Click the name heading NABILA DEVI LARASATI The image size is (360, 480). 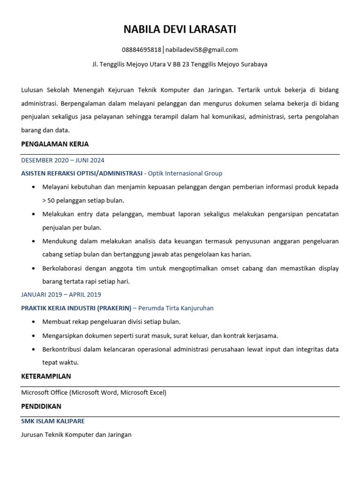(180, 30)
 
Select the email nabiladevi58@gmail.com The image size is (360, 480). (202, 50)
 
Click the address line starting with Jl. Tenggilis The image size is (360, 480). (180, 64)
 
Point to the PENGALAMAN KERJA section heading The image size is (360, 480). (55, 144)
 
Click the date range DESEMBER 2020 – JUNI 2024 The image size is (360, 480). (63, 160)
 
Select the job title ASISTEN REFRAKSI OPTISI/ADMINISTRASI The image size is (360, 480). (82, 173)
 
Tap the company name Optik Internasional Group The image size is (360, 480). (185, 173)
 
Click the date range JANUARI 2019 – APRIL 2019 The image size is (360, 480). (61, 294)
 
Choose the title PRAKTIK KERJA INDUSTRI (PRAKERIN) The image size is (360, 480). (76, 308)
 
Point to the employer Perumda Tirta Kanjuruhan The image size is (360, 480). (176, 308)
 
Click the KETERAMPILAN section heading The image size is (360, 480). (46, 376)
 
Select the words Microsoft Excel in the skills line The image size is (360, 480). (142, 392)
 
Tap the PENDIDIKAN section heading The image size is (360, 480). (41, 406)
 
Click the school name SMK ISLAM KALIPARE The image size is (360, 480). (53, 421)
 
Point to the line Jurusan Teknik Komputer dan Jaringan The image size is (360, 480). (76, 435)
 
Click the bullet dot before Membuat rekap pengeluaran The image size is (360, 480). (33, 322)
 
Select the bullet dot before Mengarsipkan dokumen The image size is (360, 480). (33, 336)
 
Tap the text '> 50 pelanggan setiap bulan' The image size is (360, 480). (83, 200)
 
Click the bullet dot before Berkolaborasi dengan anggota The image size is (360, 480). (33, 269)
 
